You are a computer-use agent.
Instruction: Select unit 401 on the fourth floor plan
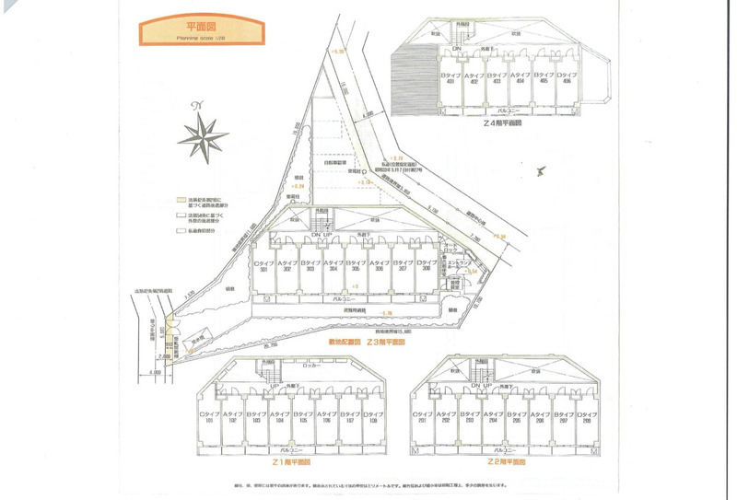coord(450,78)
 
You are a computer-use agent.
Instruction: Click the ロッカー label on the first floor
coord(283,365)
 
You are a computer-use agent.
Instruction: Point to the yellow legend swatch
coord(182,199)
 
